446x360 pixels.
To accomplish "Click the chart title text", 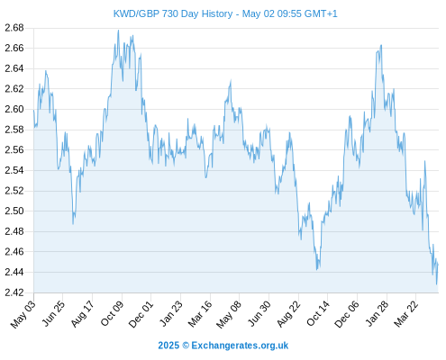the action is (225, 13).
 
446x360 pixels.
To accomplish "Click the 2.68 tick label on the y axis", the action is (14, 28).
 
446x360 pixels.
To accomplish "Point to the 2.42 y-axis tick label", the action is (14, 292).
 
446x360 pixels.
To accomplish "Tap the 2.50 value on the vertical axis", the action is (14, 211).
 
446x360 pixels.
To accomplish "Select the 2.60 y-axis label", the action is (14, 109).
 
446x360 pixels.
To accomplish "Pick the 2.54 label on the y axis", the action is (14, 170).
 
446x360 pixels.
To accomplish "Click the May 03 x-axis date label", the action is (23, 314).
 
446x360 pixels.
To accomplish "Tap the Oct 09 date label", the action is (112, 313).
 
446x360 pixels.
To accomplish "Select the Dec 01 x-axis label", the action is (141, 314).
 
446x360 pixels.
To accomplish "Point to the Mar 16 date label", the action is (200, 314).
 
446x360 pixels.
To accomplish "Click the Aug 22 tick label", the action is (288, 314).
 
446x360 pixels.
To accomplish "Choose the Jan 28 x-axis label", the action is (377, 314).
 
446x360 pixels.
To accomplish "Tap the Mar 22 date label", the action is (406, 314).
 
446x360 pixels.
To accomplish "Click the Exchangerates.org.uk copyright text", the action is (240, 346).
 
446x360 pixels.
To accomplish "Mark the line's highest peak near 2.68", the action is (118, 30).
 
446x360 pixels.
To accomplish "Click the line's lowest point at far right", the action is (436, 284).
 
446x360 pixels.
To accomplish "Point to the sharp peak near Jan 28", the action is (381, 45).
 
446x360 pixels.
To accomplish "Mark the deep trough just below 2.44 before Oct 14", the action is (317, 269).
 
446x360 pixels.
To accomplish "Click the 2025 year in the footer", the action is (168, 346).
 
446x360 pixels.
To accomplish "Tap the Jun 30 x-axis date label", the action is (259, 314).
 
